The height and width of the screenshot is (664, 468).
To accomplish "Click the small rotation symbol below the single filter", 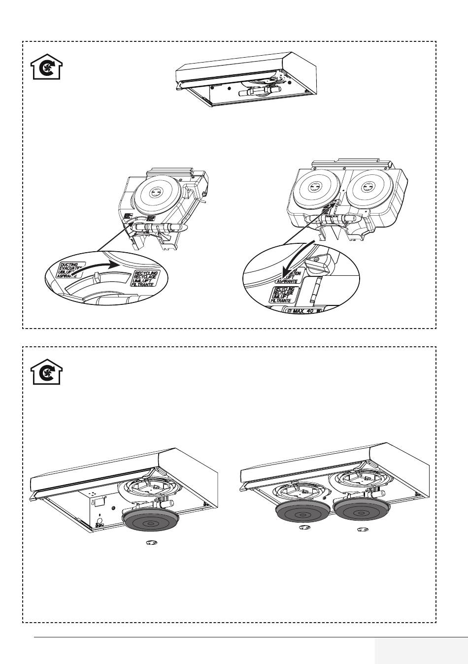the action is coord(152,543).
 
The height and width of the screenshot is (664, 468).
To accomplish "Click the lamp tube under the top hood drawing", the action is coord(259,92).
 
